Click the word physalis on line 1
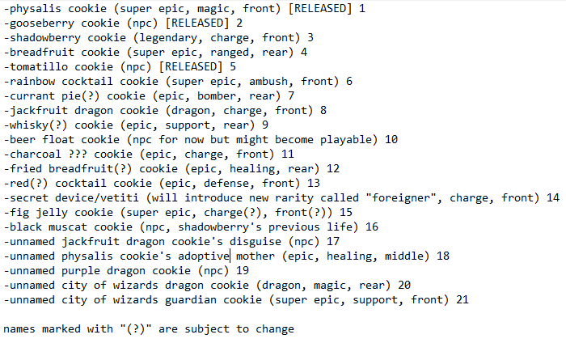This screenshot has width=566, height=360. pos(34,9)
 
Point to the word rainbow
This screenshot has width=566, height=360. pos(31,82)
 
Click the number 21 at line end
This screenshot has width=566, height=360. pos(463,300)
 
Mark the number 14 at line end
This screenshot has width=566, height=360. pos(553,198)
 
